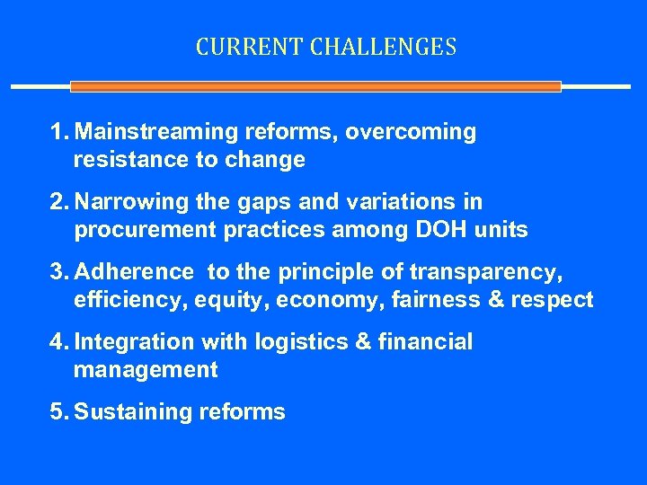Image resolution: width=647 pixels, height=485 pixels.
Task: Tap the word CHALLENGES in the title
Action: point(384,47)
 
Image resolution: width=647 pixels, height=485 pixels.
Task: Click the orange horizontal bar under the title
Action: point(315,87)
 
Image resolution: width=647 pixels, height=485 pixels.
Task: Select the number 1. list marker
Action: point(59,132)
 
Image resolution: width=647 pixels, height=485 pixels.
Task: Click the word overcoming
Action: point(411,132)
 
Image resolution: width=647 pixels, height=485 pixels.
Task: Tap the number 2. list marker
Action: point(59,202)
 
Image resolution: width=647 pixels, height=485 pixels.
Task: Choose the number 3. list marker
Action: point(59,272)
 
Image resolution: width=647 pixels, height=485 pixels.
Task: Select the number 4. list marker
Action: point(59,342)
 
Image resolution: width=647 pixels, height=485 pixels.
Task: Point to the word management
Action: point(146,370)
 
